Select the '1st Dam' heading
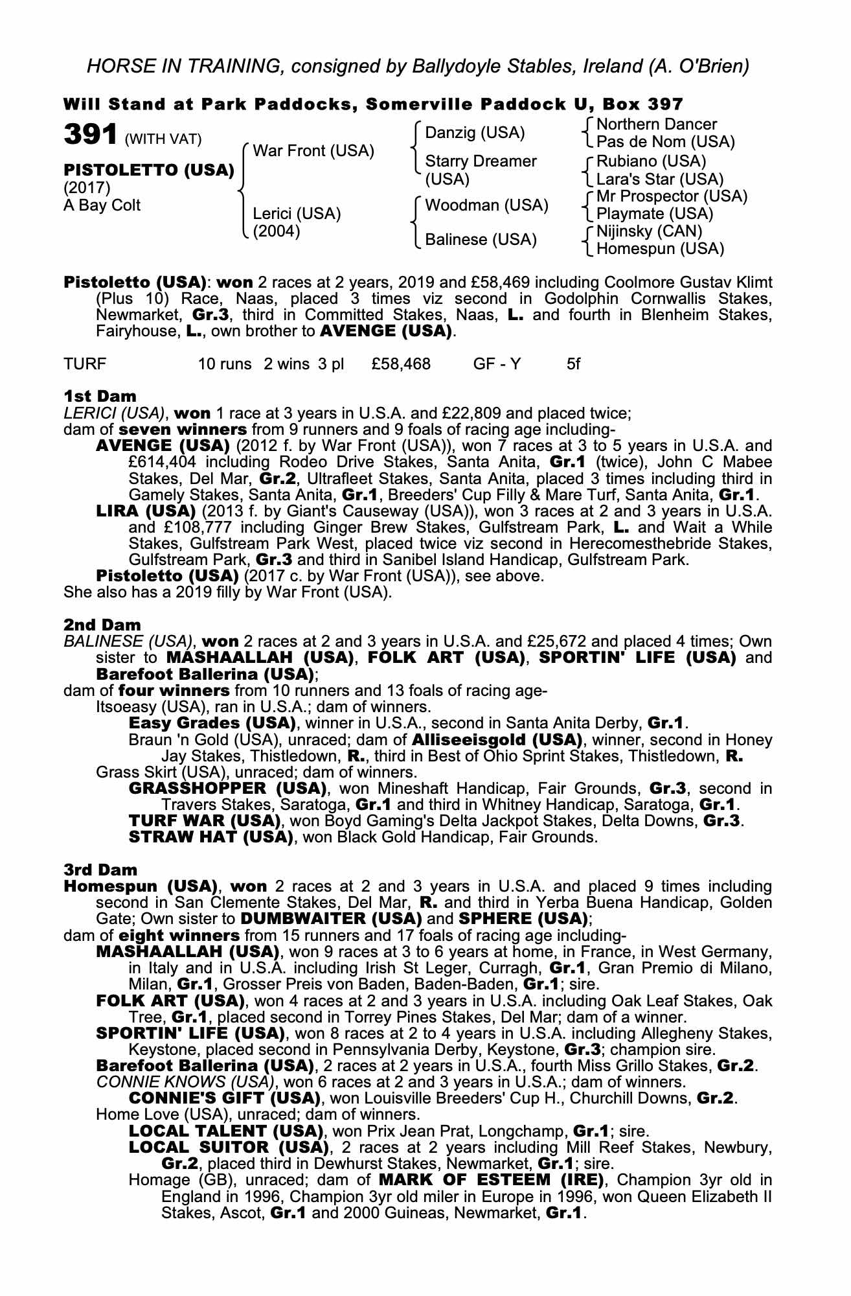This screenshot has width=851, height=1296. click(100, 395)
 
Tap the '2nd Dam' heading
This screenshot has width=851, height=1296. click(102, 625)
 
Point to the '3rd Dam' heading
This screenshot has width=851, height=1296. click(101, 870)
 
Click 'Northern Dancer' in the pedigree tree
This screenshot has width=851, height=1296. click(656, 124)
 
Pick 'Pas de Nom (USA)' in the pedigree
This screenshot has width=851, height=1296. click(665, 141)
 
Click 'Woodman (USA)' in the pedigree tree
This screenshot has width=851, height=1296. click(486, 205)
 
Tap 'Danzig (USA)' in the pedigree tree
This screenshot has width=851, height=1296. click(475, 133)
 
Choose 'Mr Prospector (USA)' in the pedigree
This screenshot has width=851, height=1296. click(672, 196)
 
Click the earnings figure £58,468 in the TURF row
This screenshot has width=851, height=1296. click(401, 364)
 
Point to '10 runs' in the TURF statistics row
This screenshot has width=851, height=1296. click(224, 364)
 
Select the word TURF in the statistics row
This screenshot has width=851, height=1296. click(85, 364)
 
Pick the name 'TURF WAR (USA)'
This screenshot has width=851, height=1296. click(205, 821)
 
